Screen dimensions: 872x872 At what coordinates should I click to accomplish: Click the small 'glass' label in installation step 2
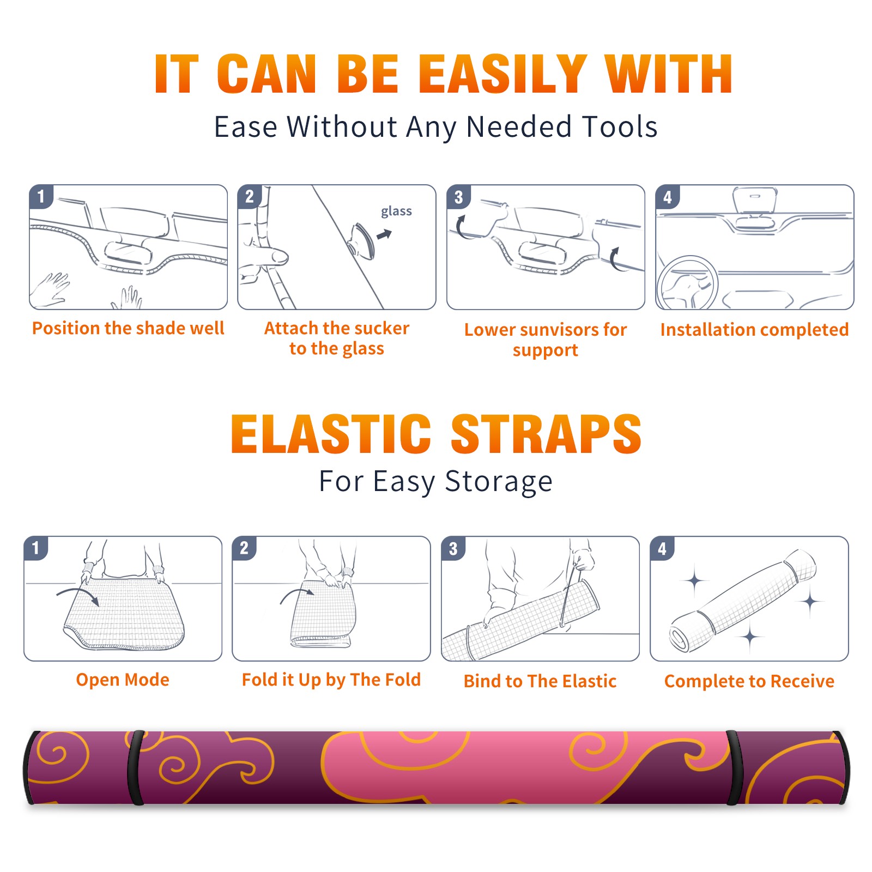396,211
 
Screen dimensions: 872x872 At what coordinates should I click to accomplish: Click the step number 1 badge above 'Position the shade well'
41,196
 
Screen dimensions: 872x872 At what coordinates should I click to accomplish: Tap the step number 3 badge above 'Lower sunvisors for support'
458,197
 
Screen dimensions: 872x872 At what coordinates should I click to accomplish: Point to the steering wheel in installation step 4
688,283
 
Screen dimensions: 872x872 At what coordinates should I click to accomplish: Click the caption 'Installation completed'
754,330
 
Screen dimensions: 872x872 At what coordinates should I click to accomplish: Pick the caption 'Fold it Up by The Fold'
331,680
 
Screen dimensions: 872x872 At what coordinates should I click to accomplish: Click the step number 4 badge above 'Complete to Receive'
662,548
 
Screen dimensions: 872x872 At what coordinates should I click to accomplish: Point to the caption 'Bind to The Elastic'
540,681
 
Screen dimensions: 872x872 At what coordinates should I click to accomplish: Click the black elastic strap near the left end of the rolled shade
135,768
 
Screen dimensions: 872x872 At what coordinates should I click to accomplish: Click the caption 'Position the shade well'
128,328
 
